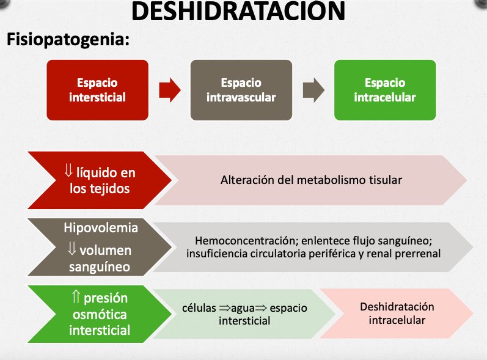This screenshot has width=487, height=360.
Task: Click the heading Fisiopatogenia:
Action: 68,40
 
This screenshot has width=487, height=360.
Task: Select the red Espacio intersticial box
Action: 97,90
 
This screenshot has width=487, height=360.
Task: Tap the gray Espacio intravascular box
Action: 241,90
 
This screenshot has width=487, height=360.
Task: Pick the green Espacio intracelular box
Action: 384,90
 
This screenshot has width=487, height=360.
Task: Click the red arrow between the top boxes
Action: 169,90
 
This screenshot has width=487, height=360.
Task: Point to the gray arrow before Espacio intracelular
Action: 313,90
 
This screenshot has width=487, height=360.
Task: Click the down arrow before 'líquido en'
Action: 68,171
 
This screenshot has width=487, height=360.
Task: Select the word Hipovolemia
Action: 101,228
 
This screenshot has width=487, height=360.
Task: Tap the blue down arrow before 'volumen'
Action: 71,249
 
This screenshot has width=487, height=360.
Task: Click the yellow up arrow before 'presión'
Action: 76,298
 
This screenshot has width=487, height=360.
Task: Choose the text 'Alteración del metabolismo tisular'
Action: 311,180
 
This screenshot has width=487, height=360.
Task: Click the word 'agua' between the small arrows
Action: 243,308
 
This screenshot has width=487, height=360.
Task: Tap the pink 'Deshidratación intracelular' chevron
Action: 397,313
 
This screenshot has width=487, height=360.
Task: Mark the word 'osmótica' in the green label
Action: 99,314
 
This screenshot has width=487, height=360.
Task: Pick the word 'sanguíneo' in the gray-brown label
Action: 100,267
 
